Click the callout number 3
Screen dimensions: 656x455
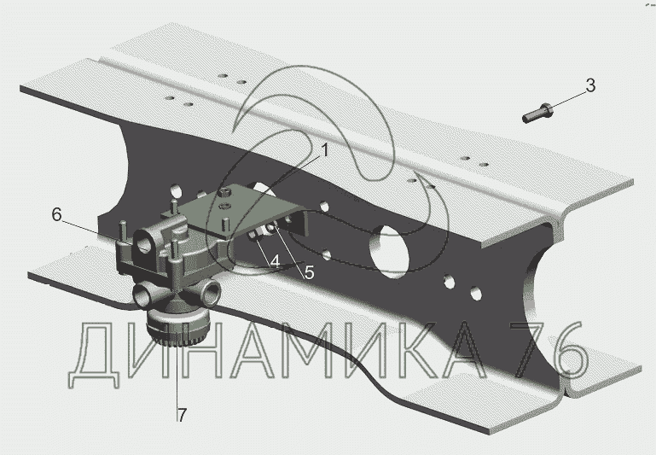point(590,85)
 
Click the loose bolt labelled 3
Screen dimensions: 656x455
point(537,113)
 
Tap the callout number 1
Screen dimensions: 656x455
point(325,151)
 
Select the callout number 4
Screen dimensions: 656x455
point(275,262)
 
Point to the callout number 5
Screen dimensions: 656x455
point(309,273)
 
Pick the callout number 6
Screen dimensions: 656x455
point(57,215)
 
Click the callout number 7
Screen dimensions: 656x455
point(181,415)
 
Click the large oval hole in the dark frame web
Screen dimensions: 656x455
point(390,251)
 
